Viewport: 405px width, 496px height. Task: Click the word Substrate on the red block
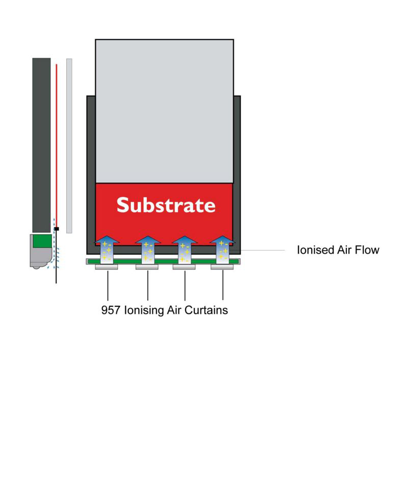pyautogui.click(x=166, y=205)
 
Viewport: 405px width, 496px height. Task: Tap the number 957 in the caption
pyautogui.click(x=110, y=310)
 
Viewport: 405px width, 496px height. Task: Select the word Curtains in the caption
pyautogui.click(x=206, y=310)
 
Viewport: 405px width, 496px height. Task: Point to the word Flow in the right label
pyautogui.click(x=367, y=250)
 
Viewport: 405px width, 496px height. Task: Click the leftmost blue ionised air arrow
pyautogui.click(x=107, y=250)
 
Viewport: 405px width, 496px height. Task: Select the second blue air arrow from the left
pyautogui.click(x=148, y=250)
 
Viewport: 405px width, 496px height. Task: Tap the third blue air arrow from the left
pyautogui.click(x=185, y=250)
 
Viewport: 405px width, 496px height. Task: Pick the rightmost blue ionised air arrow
pyautogui.click(x=222, y=250)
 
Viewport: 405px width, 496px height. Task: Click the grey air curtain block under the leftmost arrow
pyautogui.click(x=106, y=267)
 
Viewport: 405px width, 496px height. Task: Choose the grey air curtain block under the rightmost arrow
pyautogui.click(x=222, y=267)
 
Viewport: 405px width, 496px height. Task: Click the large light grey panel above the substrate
pyautogui.click(x=165, y=111)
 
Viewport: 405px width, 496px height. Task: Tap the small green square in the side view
pyautogui.click(x=42, y=241)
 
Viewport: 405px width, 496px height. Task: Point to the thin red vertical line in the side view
pyautogui.click(x=57, y=145)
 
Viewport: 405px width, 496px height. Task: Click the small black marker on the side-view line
pyautogui.click(x=57, y=229)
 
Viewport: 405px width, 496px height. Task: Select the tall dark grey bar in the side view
pyautogui.click(x=41, y=145)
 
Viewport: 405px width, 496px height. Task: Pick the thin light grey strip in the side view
pyautogui.click(x=69, y=146)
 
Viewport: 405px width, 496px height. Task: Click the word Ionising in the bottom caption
pyautogui.click(x=144, y=310)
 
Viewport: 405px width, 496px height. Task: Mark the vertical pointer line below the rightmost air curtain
pyautogui.click(x=223, y=284)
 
